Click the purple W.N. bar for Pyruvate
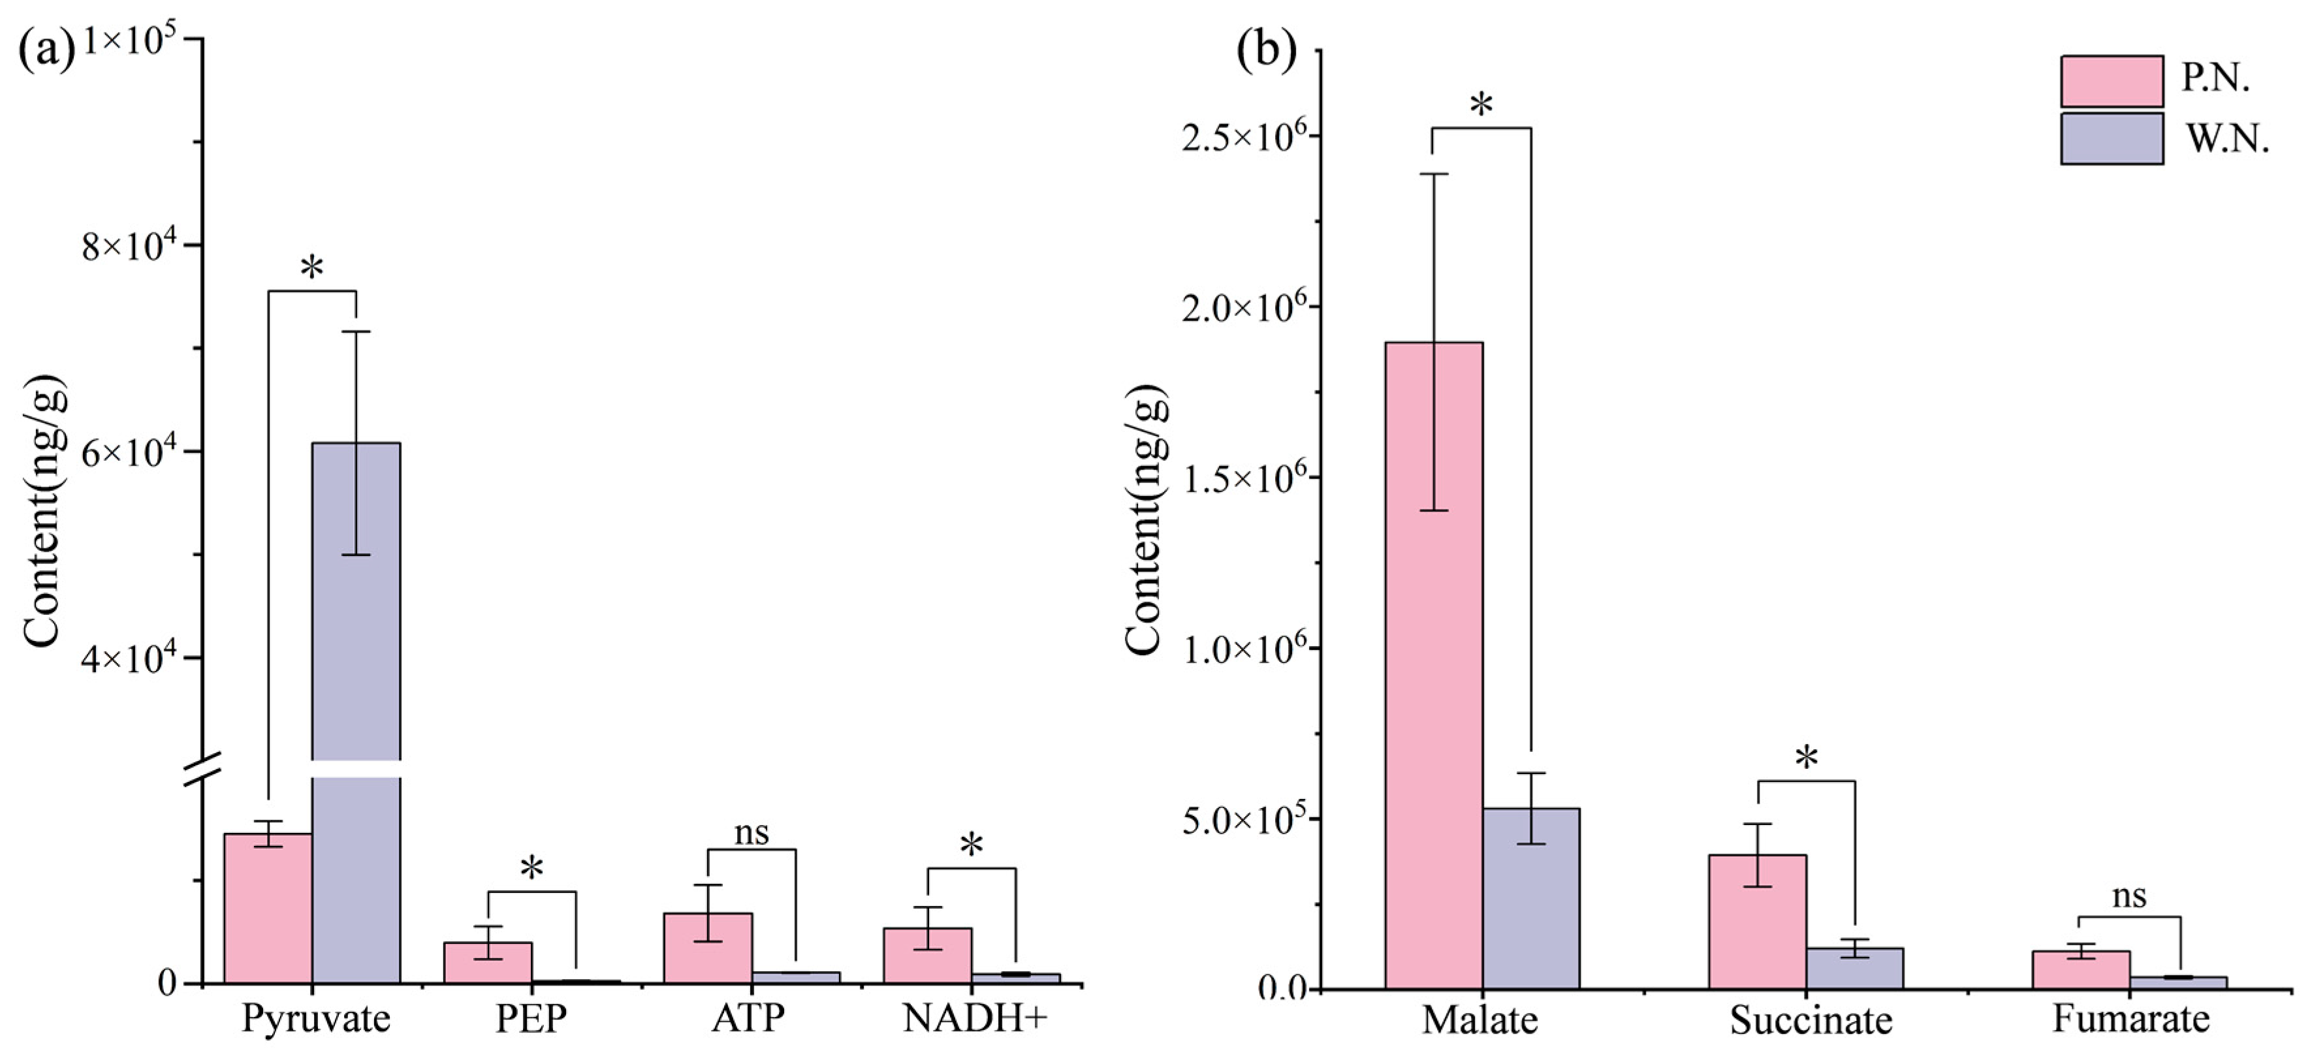(356, 627)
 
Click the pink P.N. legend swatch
(2111, 82)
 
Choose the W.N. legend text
(2226, 140)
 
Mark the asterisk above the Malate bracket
(1481, 105)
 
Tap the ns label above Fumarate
(2129, 896)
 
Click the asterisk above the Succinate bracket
(1807, 758)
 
